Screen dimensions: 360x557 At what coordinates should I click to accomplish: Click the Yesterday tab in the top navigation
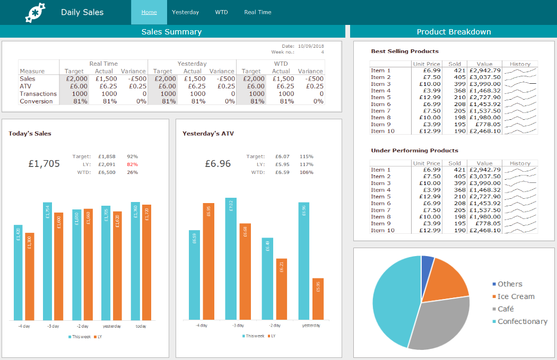(x=185, y=12)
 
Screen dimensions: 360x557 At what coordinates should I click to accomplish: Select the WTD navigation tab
(x=221, y=12)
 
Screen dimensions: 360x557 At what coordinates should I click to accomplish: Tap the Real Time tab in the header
(x=257, y=12)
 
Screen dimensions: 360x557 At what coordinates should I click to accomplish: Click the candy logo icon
(x=36, y=12)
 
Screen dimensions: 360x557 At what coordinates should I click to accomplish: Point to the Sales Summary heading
(x=171, y=32)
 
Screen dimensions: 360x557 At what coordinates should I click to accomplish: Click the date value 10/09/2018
(x=311, y=46)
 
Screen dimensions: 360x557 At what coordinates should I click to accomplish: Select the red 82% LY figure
(x=132, y=164)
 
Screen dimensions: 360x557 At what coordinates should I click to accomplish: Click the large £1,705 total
(x=44, y=164)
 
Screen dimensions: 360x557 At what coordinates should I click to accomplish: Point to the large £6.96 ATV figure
(x=218, y=164)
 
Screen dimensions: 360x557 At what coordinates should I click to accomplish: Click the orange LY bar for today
(x=146, y=262)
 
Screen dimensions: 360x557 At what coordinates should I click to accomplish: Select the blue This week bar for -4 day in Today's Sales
(x=18, y=272)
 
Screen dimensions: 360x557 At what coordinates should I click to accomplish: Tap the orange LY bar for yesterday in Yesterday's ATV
(x=318, y=298)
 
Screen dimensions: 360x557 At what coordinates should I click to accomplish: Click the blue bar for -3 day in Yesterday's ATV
(x=230, y=259)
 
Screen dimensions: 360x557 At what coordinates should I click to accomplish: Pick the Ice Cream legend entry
(x=516, y=296)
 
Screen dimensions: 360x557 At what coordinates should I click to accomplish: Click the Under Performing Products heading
(x=414, y=151)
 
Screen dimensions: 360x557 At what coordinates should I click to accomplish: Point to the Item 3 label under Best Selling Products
(x=380, y=84)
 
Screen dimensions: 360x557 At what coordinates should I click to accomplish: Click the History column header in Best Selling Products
(x=519, y=64)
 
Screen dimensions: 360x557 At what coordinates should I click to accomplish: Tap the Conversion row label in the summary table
(x=36, y=101)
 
